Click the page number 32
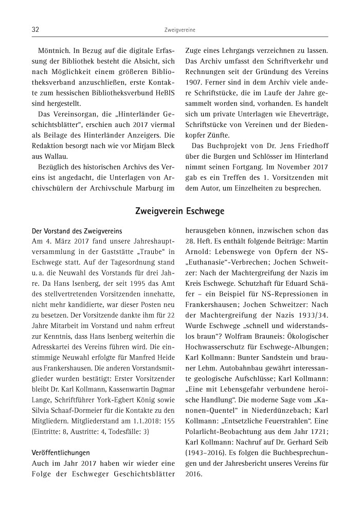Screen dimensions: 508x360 click(35, 30)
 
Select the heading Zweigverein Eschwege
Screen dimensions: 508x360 click(179, 211)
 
